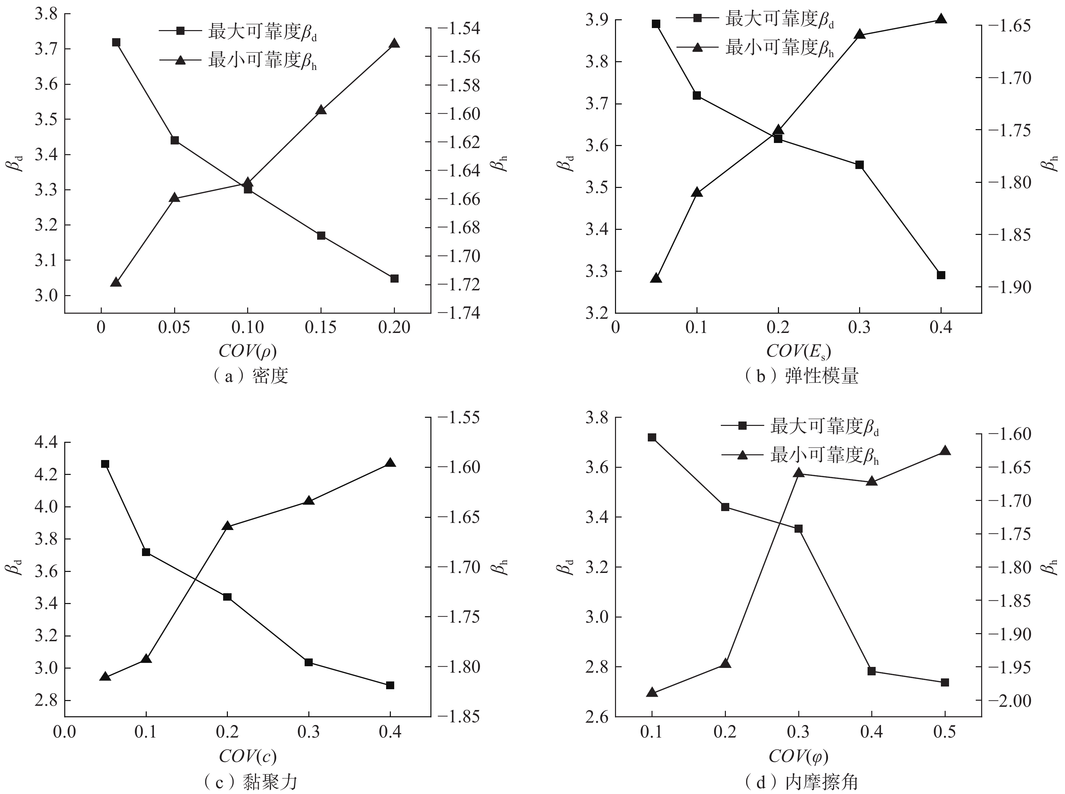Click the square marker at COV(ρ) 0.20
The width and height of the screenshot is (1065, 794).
pyautogui.click(x=394, y=278)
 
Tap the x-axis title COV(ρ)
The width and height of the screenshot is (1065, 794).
pyautogui.click(x=247, y=351)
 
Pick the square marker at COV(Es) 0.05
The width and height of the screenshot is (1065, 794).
pyautogui.click(x=656, y=24)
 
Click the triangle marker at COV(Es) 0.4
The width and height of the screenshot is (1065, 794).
pyautogui.click(x=941, y=19)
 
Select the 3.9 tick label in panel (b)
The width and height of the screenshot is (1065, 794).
pyautogui.click(x=596, y=20)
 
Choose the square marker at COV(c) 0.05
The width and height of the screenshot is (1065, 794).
pyautogui.click(x=105, y=464)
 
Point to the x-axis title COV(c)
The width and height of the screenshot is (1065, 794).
pyautogui.click(x=247, y=756)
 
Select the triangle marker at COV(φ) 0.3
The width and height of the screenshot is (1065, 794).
pyautogui.click(x=799, y=473)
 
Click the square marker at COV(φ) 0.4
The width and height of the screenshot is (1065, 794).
pyautogui.click(x=872, y=671)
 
